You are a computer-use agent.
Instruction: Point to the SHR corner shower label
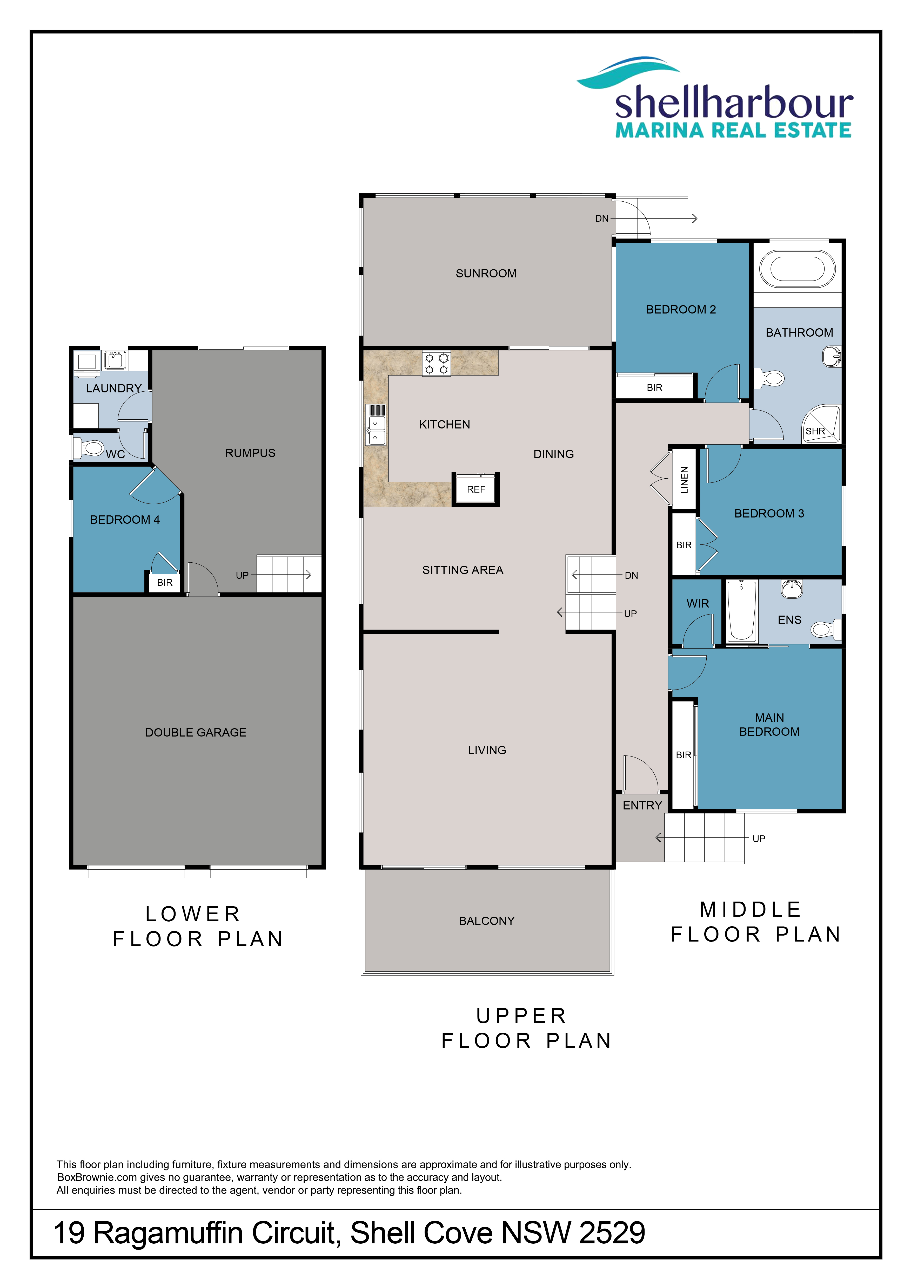click(815, 431)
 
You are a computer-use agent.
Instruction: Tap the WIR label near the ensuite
click(698, 604)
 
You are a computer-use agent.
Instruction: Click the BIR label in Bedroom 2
click(654, 388)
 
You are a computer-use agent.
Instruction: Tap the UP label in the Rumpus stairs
click(242, 576)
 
